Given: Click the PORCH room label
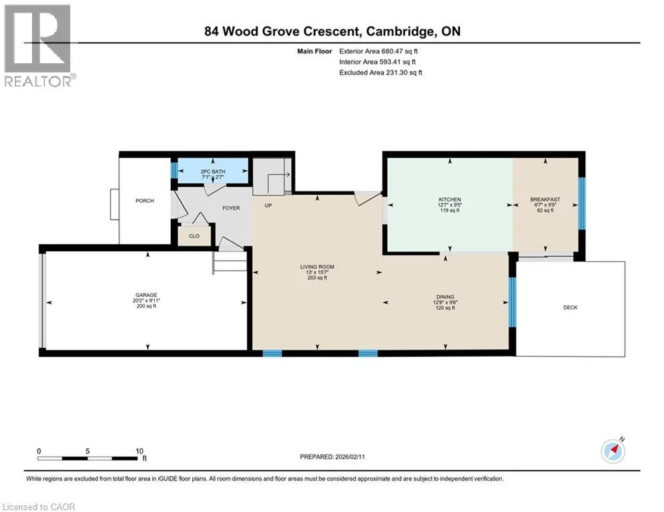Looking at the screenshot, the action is tap(144, 201).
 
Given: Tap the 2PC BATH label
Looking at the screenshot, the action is tap(213, 171).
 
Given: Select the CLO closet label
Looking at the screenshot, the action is tap(194, 236).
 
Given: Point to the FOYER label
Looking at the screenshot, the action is tap(231, 208).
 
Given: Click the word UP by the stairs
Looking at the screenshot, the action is tap(268, 205).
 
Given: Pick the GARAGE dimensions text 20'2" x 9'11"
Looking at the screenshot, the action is tap(147, 301).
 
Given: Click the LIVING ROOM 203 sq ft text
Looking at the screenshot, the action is tap(317, 278).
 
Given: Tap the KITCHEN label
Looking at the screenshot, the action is tap(450, 199).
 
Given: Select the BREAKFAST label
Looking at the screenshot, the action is tap(545, 199).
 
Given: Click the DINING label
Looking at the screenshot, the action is tap(445, 297).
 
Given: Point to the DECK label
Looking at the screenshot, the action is tap(571, 307).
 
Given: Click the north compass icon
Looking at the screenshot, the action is tap(613, 451).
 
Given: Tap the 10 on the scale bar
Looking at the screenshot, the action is tap(139, 451).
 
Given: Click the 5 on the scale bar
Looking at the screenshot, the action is tap(87, 451).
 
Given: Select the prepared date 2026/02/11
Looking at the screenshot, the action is tap(350, 457).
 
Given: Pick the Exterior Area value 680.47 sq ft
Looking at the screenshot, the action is tap(400, 51).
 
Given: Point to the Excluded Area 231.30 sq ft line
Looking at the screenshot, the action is tap(380, 73).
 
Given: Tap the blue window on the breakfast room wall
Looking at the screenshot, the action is tap(582, 203).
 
